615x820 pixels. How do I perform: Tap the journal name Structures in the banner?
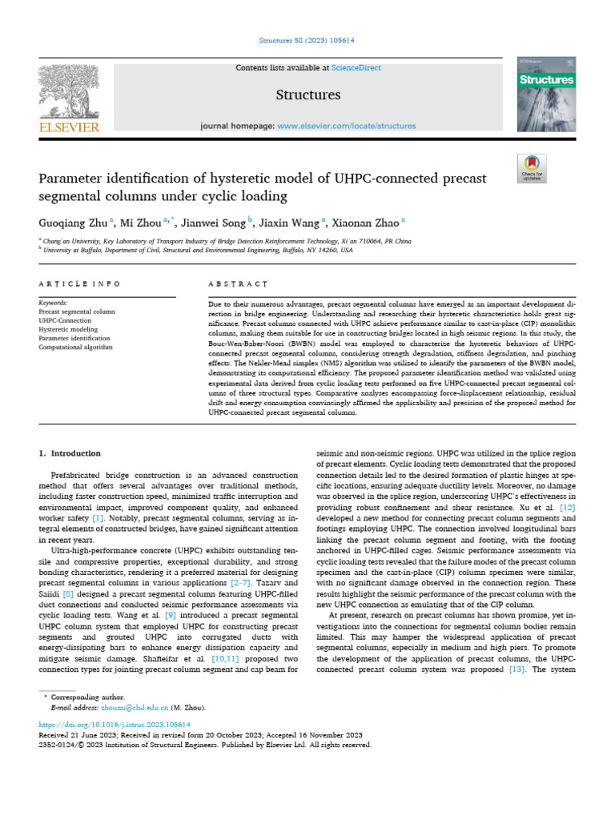point(307,95)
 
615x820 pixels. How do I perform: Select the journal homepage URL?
point(347,126)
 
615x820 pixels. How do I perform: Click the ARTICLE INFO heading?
point(80,283)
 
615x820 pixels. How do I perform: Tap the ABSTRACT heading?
point(238,283)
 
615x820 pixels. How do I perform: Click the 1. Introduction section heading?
point(70,453)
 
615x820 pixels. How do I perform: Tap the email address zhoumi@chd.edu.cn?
point(128,708)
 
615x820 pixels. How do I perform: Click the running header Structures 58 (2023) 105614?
point(307,40)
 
